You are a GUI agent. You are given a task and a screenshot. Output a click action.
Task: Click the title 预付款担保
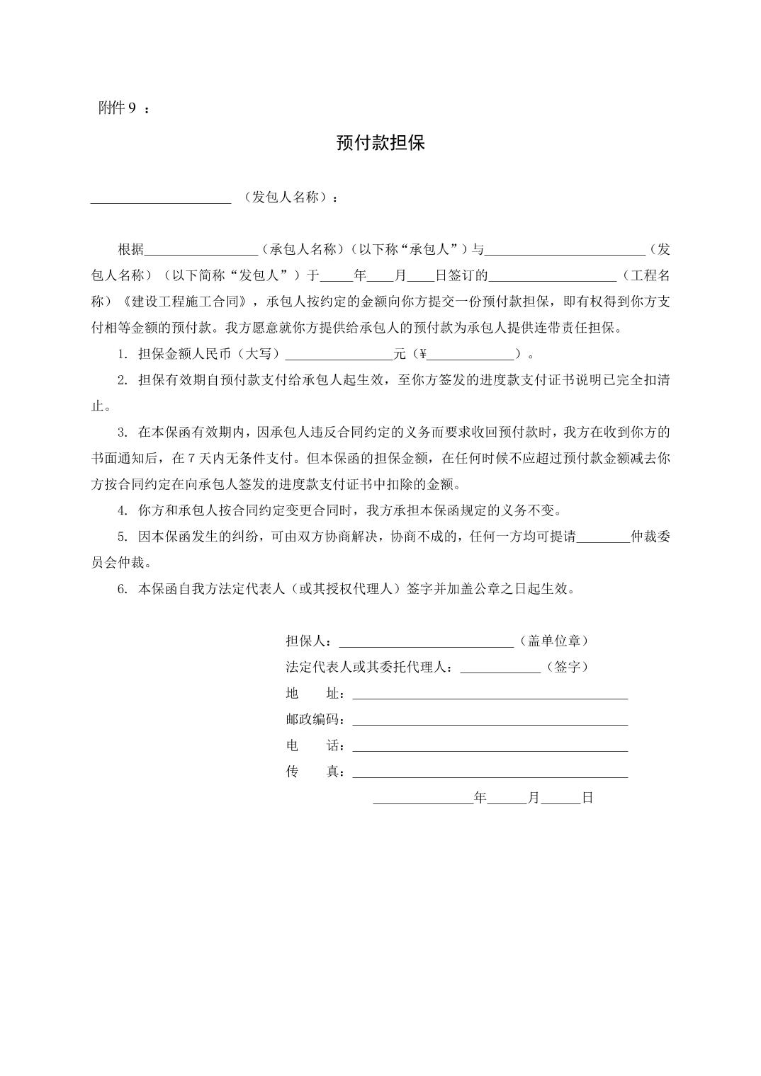(x=380, y=143)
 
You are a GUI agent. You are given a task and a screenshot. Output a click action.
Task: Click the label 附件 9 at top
(x=118, y=108)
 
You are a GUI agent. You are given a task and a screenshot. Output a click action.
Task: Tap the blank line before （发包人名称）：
(x=161, y=198)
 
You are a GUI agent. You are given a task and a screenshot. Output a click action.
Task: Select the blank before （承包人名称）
(x=201, y=250)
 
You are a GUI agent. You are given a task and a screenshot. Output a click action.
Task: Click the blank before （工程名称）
(x=552, y=276)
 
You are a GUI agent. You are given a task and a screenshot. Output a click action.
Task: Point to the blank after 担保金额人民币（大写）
(x=338, y=355)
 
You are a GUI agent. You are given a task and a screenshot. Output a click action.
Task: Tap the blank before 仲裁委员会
(x=603, y=537)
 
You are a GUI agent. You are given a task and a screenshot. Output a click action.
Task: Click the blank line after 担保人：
(x=427, y=641)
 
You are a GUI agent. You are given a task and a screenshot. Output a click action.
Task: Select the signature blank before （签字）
(x=500, y=668)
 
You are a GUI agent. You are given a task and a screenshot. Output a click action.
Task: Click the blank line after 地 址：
(x=490, y=694)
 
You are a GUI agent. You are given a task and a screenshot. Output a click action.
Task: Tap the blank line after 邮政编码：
(x=490, y=720)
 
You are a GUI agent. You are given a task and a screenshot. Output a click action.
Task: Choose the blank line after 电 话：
(x=490, y=746)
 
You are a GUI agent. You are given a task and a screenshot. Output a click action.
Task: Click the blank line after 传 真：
(x=490, y=772)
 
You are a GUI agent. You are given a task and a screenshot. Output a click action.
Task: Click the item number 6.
(x=122, y=589)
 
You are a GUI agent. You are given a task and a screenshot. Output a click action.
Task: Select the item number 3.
(x=122, y=433)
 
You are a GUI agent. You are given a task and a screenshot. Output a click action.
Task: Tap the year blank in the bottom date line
(x=423, y=799)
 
